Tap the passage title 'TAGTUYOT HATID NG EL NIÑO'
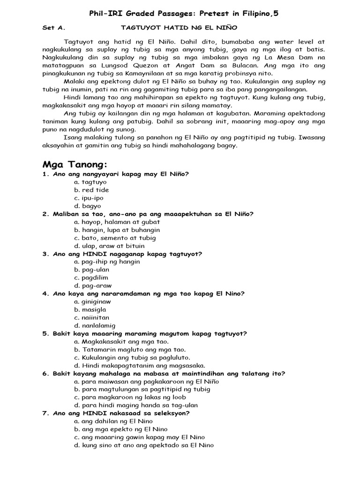click(180, 28)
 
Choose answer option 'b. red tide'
click(91, 190)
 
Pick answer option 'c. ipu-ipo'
click(91, 198)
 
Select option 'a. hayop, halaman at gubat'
click(117, 222)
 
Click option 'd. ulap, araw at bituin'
click(109, 246)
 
